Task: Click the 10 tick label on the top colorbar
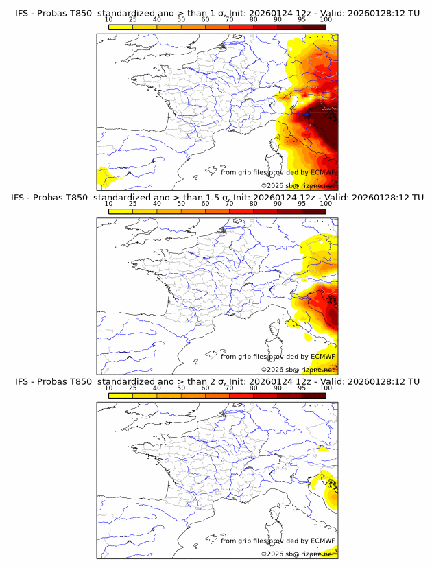[108, 19]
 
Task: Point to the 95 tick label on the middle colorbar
[302, 203]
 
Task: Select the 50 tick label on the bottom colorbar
[181, 388]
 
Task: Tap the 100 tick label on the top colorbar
[326, 19]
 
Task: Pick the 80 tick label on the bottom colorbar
[254, 388]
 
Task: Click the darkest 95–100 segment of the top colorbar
[313, 27]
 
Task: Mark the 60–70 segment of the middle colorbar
[217, 211]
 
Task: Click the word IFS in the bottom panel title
[23, 381]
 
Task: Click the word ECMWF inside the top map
[323, 173]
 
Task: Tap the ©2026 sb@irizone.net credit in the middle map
[298, 370]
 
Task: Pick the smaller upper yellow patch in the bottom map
[324, 449]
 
